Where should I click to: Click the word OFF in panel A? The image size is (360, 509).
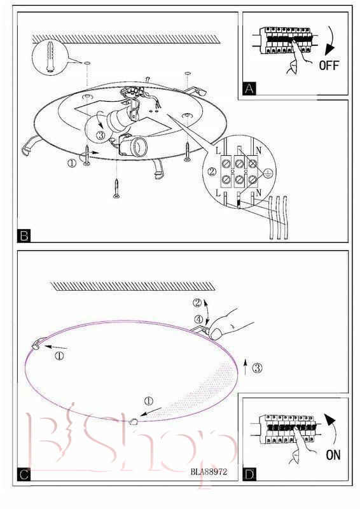tap(329, 66)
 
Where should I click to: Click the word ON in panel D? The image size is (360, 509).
tap(333, 455)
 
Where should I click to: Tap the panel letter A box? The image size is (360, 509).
tap(249, 88)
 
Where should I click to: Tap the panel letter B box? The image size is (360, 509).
tap(24, 235)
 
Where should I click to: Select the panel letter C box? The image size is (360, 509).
tap(24, 475)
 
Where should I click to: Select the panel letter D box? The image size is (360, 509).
tap(249, 475)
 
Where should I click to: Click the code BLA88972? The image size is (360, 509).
tap(209, 471)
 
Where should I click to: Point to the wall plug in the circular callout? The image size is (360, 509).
tap(50, 57)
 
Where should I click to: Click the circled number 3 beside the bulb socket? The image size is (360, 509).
tap(101, 136)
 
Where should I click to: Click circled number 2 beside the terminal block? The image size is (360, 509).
tap(212, 171)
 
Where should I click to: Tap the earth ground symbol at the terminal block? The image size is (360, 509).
tap(267, 173)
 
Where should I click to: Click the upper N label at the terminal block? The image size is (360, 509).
tap(258, 150)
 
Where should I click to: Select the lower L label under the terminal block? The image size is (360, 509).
tap(218, 193)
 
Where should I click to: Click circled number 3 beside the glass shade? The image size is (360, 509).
tap(258, 368)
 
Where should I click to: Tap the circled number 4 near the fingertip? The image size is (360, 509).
tap(198, 319)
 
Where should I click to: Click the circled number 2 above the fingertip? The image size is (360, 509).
tap(197, 303)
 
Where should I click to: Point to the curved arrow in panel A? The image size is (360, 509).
tap(331, 40)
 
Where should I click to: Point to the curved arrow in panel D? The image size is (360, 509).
tap(331, 428)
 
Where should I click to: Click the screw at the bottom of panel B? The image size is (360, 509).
tap(116, 188)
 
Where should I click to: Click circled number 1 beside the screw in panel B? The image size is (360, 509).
tap(72, 163)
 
